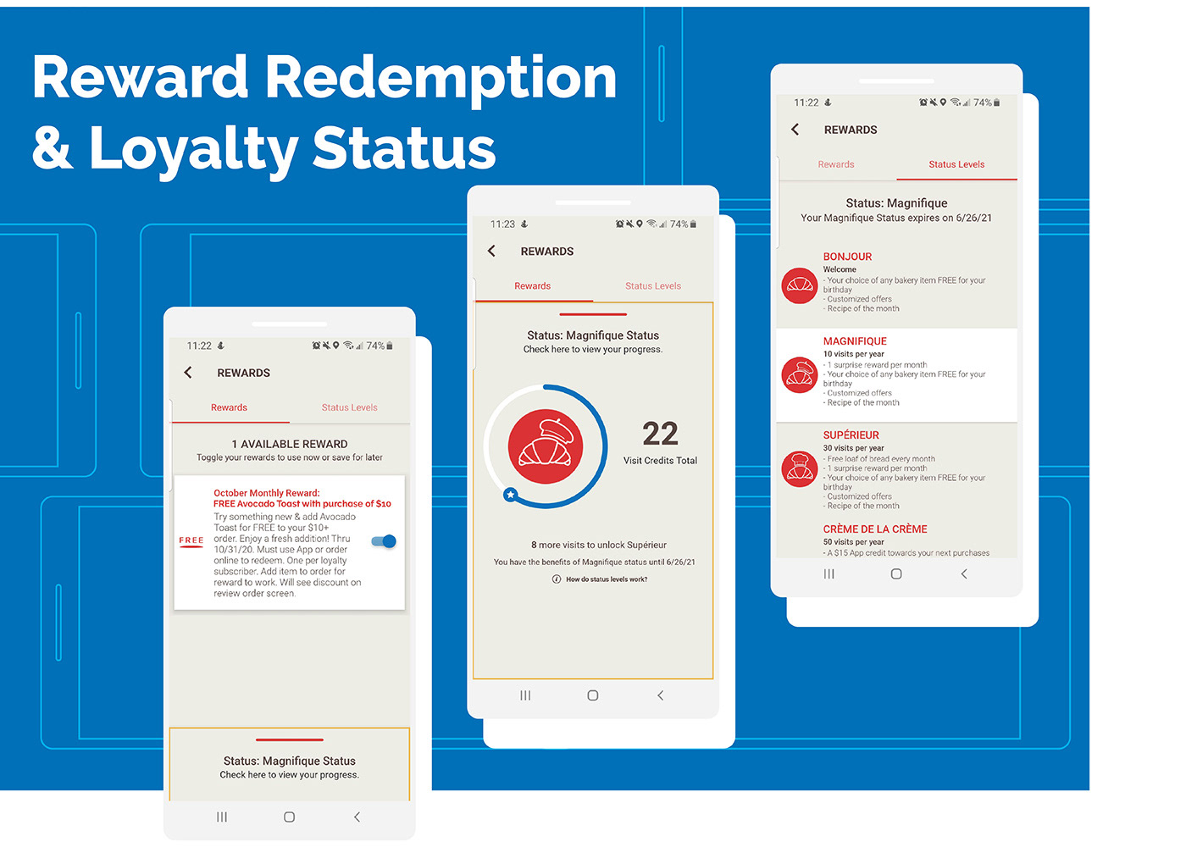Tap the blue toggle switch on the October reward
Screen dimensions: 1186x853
click(x=384, y=541)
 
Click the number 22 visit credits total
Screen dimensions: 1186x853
click(x=660, y=434)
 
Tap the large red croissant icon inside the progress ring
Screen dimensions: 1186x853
click(x=546, y=446)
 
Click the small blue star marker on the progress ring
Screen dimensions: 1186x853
click(x=510, y=495)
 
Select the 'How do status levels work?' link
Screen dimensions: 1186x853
click(x=600, y=579)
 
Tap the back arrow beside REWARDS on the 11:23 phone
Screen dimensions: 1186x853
click(x=492, y=251)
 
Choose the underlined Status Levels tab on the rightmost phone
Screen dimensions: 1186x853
click(x=956, y=164)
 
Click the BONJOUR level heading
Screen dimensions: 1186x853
click(x=847, y=257)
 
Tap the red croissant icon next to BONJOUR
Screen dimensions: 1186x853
click(x=800, y=286)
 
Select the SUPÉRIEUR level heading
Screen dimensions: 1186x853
click(x=851, y=435)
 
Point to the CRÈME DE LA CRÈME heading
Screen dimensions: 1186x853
click(x=874, y=529)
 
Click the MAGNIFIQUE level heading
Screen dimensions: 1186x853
click(x=855, y=341)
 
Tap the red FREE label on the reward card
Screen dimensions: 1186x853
click(x=191, y=540)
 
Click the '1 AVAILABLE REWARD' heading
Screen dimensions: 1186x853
click(x=290, y=444)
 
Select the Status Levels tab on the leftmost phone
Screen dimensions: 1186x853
click(x=349, y=407)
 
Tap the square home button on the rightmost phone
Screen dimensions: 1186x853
click(x=896, y=574)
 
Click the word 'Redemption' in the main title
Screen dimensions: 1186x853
click(x=441, y=79)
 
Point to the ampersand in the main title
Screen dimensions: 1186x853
click(x=52, y=147)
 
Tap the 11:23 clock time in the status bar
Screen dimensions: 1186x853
click(x=502, y=224)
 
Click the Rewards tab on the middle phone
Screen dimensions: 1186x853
click(x=532, y=286)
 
